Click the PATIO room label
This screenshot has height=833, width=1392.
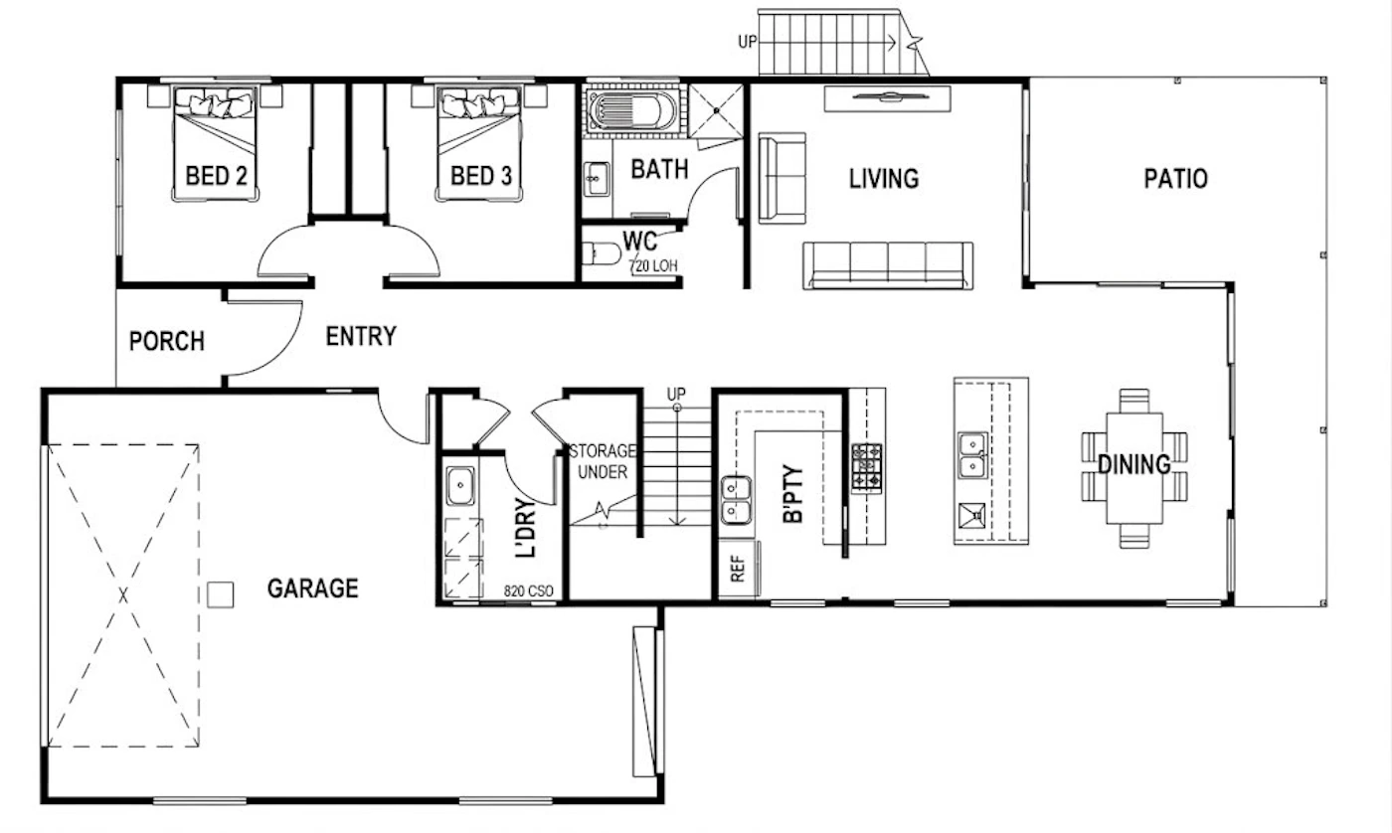(x=1175, y=179)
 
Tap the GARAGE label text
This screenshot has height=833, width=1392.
(x=312, y=588)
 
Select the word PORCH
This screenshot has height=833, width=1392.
(x=167, y=341)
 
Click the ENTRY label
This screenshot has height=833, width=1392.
(x=361, y=336)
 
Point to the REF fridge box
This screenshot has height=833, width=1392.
(x=738, y=569)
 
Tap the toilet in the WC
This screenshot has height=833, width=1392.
(x=602, y=253)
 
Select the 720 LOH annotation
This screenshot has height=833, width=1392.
(x=653, y=265)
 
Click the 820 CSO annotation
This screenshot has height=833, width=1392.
(x=528, y=590)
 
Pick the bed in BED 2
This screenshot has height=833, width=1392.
(x=215, y=144)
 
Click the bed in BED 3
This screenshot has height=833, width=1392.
(x=478, y=144)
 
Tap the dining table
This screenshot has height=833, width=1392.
(x=1134, y=469)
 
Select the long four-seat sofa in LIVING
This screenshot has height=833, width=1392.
(x=888, y=265)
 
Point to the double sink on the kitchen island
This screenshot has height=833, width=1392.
(x=972, y=455)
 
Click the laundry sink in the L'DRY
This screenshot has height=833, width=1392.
(x=459, y=485)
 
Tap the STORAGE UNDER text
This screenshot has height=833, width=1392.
(x=603, y=461)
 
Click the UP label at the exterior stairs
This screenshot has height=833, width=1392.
(x=748, y=42)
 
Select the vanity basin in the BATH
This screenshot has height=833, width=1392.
(x=597, y=179)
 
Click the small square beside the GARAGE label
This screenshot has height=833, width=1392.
(x=220, y=594)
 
